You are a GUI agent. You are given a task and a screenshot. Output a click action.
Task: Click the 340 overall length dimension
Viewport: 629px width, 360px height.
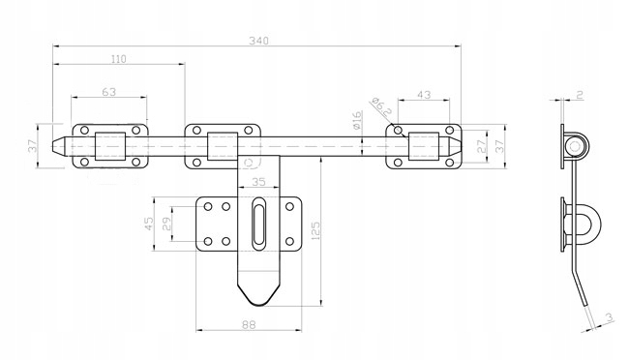point(258,41)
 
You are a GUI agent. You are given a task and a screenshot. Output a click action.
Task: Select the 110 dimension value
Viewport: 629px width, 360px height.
point(118,59)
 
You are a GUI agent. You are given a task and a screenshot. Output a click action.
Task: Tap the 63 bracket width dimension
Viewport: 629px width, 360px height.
point(108,92)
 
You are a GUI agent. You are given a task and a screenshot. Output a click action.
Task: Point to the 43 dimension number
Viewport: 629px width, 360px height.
point(424,95)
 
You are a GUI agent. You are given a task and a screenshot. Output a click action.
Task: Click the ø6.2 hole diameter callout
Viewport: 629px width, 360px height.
point(380,106)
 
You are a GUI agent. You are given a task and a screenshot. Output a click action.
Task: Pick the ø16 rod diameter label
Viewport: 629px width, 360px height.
point(357,120)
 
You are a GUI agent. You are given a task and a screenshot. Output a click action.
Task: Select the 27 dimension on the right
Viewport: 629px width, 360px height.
point(482,146)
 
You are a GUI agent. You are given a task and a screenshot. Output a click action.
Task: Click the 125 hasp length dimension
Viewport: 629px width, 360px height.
point(315,230)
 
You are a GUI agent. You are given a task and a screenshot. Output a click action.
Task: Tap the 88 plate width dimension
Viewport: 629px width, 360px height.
point(249,325)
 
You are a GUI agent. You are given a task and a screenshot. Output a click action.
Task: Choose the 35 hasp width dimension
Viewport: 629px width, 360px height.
point(258,182)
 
